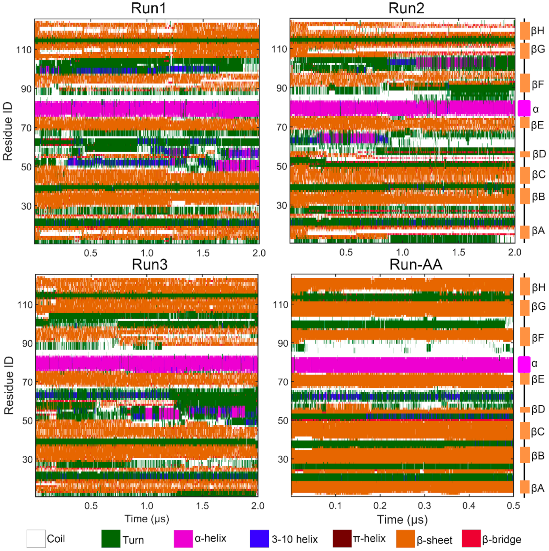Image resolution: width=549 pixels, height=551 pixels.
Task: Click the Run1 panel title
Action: pyautogui.click(x=148, y=8)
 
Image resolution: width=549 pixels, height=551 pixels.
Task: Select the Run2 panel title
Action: pyautogui.click(x=406, y=8)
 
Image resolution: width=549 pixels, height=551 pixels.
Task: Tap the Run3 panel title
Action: pyautogui.click(x=150, y=265)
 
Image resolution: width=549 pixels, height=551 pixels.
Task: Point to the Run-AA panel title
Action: pyautogui.click(x=416, y=265)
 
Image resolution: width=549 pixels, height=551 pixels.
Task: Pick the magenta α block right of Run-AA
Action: pyautogui.click(x=524, y=365)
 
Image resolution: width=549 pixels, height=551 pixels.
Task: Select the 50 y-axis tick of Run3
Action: pyautogui.click(x=27, y=421)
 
